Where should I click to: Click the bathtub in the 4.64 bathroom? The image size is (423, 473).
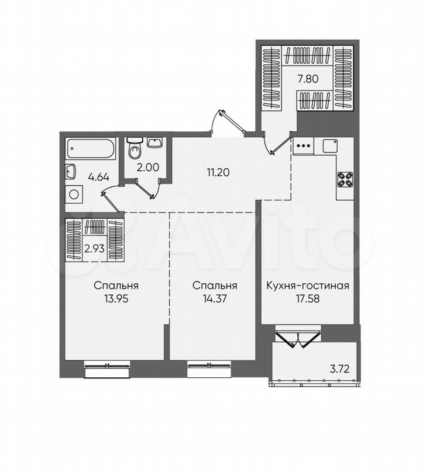(91, 148)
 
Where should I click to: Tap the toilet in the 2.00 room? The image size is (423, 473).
(135, 148)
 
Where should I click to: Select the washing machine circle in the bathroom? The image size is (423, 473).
(74, 194)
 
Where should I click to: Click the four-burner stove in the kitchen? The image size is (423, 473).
(345, 180)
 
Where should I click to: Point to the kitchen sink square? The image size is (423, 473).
(330, 146)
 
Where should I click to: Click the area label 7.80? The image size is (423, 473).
(308, 79)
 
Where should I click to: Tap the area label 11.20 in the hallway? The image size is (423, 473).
(218, 172)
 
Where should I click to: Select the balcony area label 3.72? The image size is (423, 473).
(339, 368)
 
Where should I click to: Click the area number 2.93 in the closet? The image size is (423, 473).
(95, 249)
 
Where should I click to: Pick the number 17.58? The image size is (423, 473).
(308, 298)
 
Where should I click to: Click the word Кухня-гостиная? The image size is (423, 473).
(308, 286)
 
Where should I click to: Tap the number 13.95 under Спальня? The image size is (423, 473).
(116, 298)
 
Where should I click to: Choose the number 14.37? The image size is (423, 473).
(215, 298)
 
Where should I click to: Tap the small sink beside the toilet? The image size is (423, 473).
(154, 142)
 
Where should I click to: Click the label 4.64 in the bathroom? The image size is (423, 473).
(98, 177)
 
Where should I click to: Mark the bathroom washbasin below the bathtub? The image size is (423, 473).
(71, 172)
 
